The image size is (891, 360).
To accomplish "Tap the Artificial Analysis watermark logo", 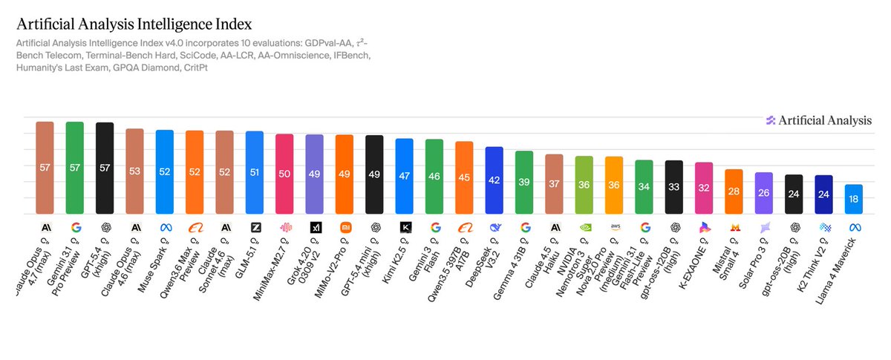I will click(x=817, y=121).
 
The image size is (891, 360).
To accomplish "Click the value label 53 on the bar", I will click(x=134, y=171).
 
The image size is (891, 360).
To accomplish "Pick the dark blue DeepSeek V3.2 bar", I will click(x=494, y=179).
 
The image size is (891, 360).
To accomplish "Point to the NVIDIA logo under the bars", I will click(x=584, y=228).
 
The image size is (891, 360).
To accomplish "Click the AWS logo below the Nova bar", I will click(x=614, y=228).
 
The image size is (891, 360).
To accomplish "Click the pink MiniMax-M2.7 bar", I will click(x=284, y=175).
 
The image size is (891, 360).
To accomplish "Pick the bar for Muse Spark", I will click(x=164, y=171).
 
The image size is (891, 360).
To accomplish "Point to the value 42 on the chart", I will click(x=494, y=179).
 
